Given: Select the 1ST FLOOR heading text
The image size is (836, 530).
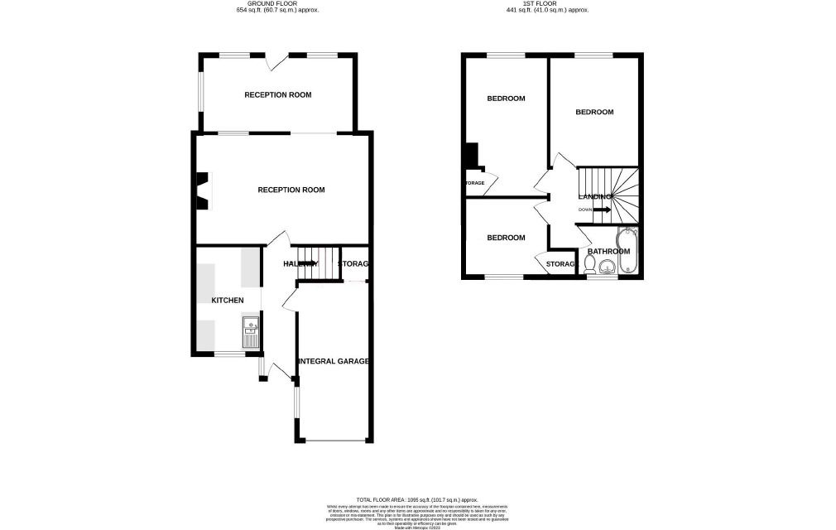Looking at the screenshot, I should (547, 3).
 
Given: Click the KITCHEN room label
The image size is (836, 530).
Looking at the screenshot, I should (227, 300).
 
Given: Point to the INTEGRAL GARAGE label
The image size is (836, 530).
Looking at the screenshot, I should (334, 361).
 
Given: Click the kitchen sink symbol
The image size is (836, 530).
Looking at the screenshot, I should (250, 333).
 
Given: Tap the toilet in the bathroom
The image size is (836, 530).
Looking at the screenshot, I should (589, 264).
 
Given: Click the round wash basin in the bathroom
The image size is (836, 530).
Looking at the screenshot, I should (608, 267).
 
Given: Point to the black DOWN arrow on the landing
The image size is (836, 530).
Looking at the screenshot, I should (602, 210).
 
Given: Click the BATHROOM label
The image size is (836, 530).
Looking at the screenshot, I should (608, 252).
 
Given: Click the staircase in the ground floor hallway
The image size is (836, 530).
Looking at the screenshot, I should (319, 263).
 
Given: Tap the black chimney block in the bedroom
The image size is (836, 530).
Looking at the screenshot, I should (471, 156).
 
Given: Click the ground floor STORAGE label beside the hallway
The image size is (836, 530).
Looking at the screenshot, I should (353, 264).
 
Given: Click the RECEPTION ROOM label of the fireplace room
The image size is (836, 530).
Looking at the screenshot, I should (291, 190).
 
